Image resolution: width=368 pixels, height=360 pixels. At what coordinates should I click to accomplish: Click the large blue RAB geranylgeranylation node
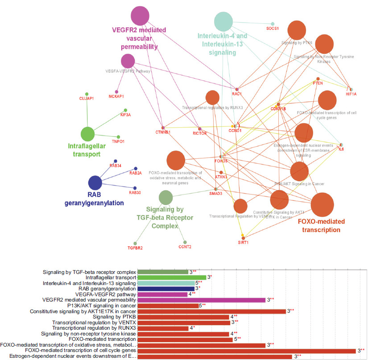click(x=95, y=183)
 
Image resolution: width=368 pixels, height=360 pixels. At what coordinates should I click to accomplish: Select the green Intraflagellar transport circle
click(x=87, y=134)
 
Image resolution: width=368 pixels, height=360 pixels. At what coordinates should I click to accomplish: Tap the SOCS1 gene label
click(x=272, y=29)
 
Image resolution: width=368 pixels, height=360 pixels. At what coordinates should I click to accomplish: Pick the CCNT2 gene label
click(x=185, y=246)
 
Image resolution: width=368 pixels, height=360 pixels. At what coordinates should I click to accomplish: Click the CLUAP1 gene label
click(x=87, y=98)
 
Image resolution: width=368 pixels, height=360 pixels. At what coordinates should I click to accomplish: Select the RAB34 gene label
click(x=116, y=166)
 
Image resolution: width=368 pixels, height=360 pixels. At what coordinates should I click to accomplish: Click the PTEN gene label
click(x=318, y=83)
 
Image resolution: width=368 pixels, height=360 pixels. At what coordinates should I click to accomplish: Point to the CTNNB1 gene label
click(x=163, y=132)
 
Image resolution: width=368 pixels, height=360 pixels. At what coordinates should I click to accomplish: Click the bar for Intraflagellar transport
click(x=172, y=277)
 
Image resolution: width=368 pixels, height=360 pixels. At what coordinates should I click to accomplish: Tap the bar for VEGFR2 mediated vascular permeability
click(x=202, y=300)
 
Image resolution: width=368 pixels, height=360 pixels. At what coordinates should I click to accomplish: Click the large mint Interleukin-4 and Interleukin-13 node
click(x=224, y=21)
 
